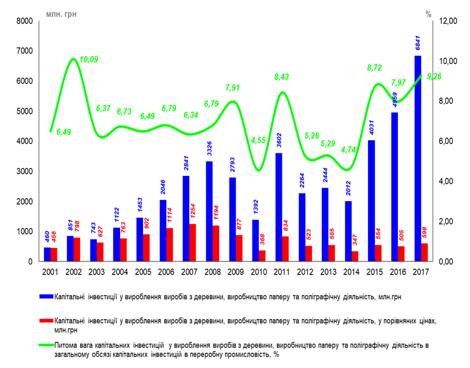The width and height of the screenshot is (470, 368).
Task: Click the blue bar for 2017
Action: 418,158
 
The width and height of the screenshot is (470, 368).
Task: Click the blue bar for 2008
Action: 209,211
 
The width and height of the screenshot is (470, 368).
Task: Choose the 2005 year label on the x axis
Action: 143,272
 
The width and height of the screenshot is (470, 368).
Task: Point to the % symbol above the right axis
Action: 428,12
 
